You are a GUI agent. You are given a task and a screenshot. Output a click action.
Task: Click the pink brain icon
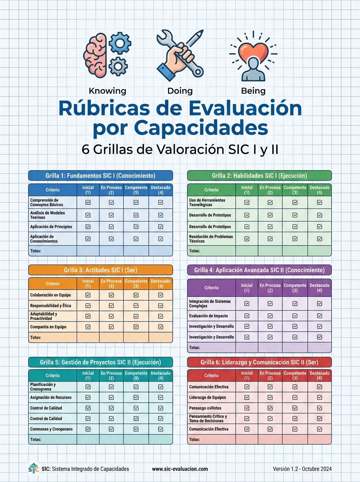click(95, 55)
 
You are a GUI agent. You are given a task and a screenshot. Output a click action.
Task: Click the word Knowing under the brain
click(107, 91)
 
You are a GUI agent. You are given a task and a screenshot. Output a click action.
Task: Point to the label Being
click(253, 91)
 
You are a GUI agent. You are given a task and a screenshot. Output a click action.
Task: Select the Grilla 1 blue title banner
click(100, 176)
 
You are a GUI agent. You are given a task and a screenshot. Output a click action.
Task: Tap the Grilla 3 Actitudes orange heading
click(100, 270)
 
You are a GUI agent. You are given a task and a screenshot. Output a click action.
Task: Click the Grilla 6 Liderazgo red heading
click(260, 362)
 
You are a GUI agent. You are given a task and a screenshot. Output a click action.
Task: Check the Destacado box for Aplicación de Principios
click(161, 227)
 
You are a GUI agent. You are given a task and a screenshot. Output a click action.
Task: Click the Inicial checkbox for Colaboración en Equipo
click(88, 295)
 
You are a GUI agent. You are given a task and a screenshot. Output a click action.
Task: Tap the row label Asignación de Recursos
click(51, 397)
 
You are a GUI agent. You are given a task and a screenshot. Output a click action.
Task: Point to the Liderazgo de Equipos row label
click(207, 397)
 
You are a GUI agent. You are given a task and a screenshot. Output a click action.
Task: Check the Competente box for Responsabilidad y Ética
click(136, 306)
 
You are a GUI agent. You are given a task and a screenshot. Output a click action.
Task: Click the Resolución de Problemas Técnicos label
click(211, 239)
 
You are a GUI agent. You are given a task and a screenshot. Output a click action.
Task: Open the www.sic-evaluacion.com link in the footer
click(180, 469)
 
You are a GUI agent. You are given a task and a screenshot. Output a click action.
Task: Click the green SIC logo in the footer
click(33, 468)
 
